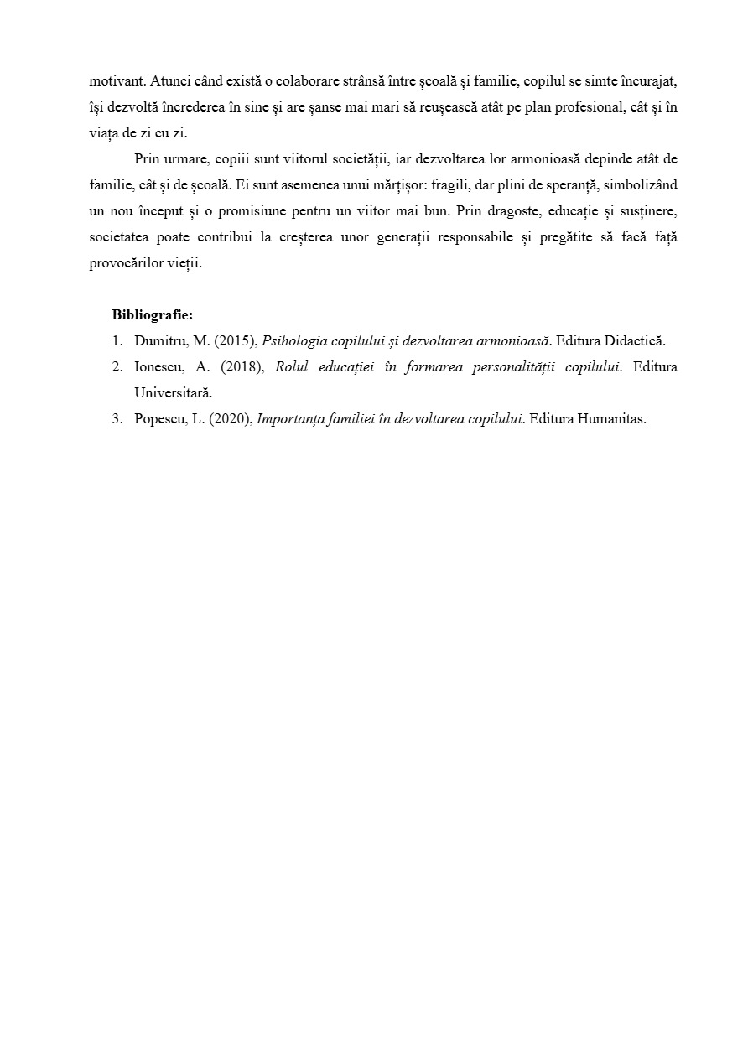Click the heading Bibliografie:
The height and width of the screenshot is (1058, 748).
152,315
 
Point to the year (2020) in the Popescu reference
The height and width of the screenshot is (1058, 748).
230,419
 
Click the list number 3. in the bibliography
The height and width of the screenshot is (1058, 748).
117,419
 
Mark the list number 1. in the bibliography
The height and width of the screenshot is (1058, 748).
117,341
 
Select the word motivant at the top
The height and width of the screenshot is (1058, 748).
117,81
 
